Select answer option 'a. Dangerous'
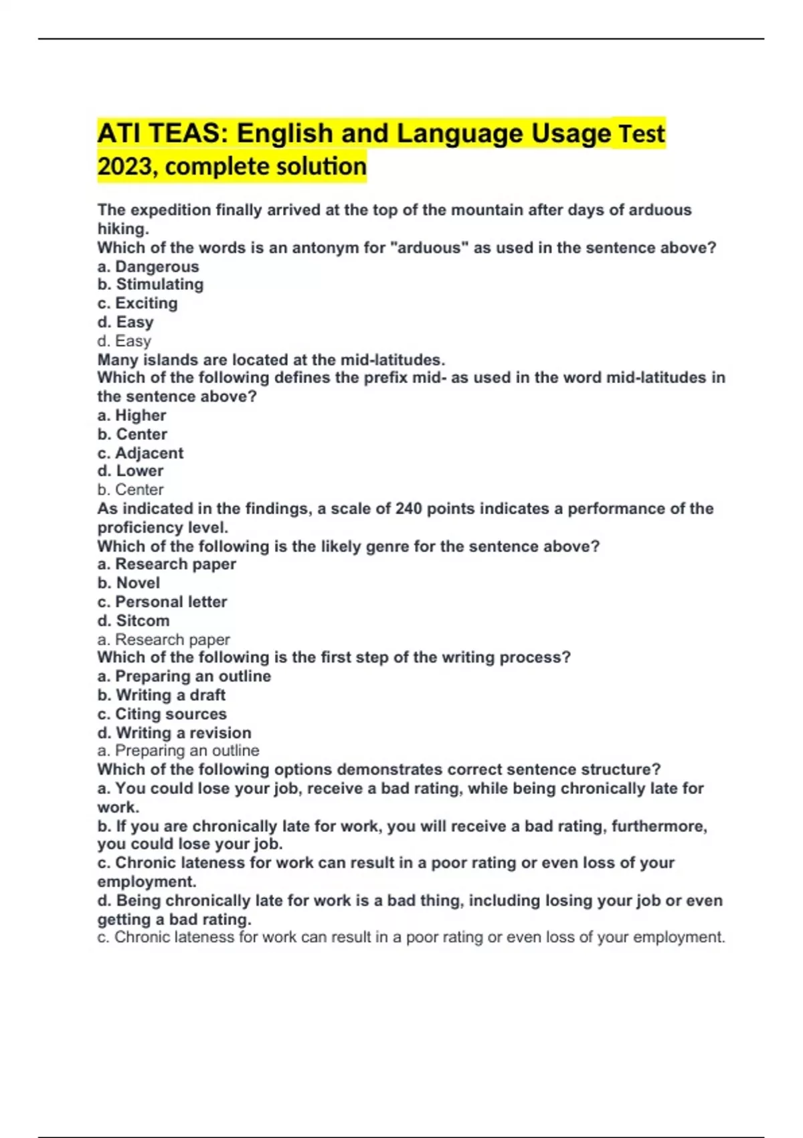point(148,266)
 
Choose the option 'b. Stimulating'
point(151,284)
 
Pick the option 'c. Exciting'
point(138,303)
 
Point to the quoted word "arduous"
point(429,248)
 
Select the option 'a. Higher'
point(132,416)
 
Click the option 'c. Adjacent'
point(140,453)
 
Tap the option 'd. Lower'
point(130,471)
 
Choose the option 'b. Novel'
point(128,583)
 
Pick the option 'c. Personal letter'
point(162,602)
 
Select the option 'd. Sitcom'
point(133,621)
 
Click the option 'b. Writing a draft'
point(161,696)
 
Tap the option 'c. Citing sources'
point(162,714)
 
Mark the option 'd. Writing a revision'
point(174,733)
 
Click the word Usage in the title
point(571,133)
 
